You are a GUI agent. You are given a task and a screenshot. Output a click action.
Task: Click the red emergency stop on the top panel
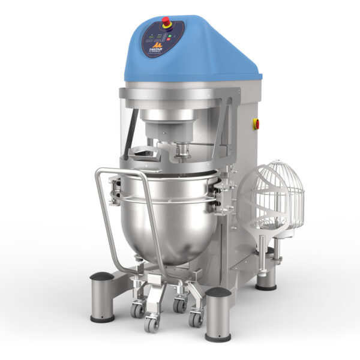(166, 22)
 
